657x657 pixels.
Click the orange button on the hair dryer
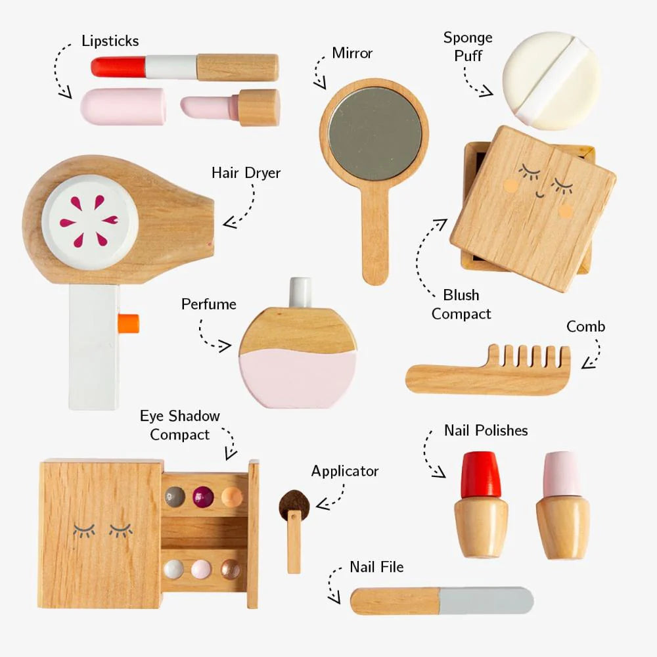[129, 322]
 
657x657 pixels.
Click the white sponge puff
[551, 80]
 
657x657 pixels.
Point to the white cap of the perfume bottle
[300, 292]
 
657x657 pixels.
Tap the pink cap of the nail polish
[562, 474]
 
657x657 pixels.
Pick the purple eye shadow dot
[203, 495]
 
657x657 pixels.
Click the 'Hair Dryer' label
[246, 173]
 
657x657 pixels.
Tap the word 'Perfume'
[208, 304]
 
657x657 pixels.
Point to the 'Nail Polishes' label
[486, 430]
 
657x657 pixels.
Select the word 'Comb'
[585, 327]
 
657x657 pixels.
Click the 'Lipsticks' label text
[110, 41]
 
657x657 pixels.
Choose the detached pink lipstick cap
[123, 106]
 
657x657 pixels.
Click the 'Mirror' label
[353, 53]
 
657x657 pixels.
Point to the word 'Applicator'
[345, 471]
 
